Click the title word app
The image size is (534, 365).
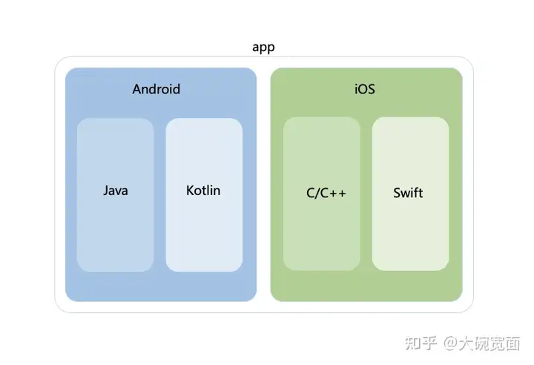(263, 47)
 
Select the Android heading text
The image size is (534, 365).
(156, 90)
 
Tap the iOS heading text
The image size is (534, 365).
(364, 90)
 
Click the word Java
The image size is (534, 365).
(115, 191)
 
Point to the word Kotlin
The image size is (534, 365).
(203, 191)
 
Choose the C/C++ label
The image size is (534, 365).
(326, 194)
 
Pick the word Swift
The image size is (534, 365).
(408, 193)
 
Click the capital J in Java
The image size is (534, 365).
(105, 191)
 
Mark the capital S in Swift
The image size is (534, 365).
(397, 193)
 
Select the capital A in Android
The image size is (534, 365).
(136, 90)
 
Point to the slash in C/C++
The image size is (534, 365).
(317, 194)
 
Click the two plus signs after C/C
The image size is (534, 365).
(338, 194)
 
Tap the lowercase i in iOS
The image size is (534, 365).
(355, 90)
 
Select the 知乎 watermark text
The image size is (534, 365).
(420, 343)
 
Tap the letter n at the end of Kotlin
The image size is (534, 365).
(216, 191)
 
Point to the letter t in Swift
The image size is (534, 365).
(421, 193)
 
